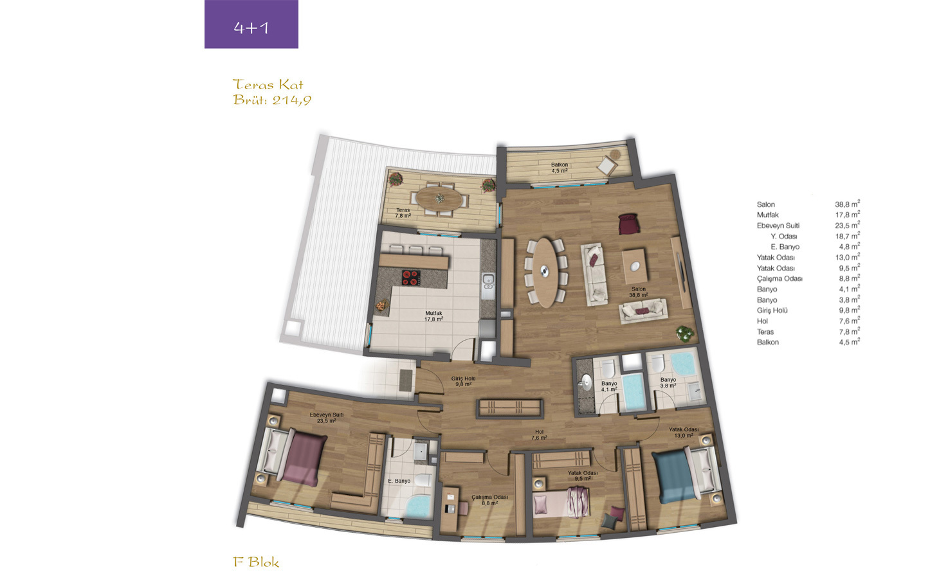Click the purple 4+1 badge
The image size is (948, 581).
251,24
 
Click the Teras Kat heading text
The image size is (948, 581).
268,85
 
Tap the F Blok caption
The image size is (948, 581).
256,562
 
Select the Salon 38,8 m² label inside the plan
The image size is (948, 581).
639,292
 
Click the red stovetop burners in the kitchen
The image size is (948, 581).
411,278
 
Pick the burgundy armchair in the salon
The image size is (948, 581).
628,224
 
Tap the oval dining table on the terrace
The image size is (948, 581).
440,199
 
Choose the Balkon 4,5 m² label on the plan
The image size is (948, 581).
560,168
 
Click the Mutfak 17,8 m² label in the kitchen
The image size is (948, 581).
433,316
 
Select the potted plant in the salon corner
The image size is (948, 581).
684,333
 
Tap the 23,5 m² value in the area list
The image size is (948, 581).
847,225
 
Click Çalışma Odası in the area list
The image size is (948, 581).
779,279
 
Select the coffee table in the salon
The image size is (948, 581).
634,266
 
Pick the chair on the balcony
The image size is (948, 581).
607,165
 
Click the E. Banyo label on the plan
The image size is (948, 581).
399,481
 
